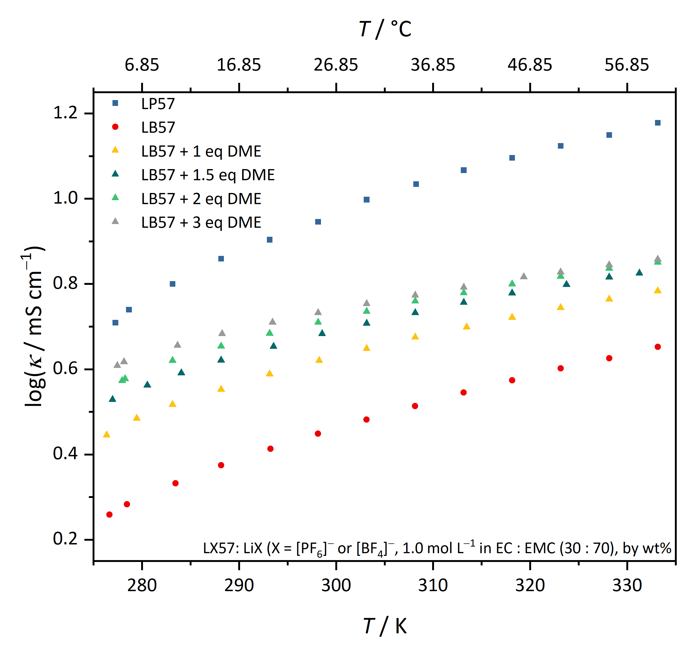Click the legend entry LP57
158,104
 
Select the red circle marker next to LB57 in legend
115,127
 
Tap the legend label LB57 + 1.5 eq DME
208,175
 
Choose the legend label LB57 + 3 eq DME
201,222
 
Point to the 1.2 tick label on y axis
65,113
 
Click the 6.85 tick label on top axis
142,65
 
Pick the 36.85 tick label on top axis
433,65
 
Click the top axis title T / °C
385,29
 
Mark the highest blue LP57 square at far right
658,123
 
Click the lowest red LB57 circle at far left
109,514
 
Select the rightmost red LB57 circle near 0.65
658,347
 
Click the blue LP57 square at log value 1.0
367,199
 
